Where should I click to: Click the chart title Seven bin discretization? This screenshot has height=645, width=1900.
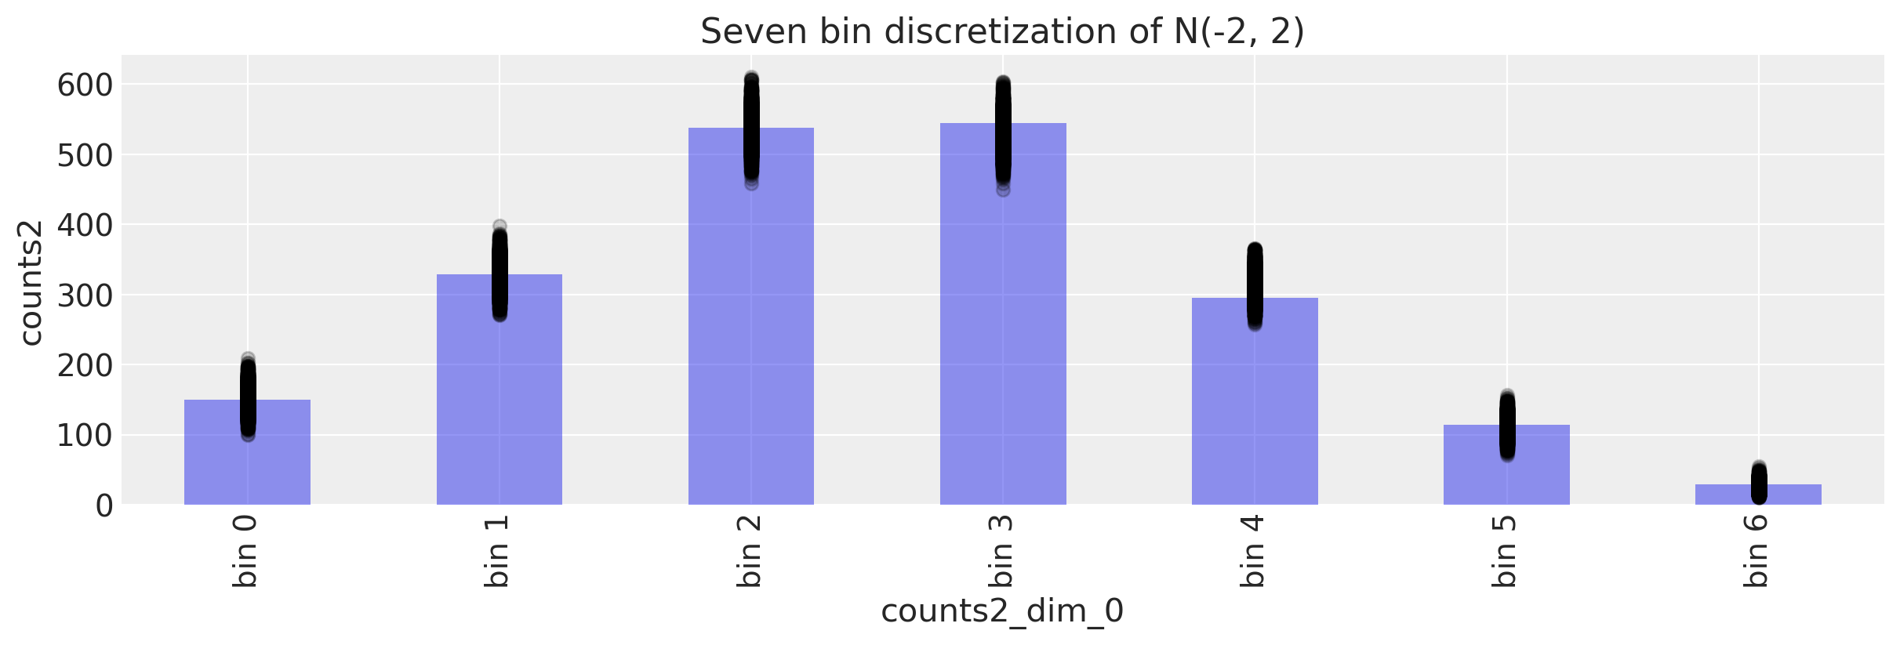(1002, 32)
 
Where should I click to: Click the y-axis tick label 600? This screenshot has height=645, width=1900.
(85, 85)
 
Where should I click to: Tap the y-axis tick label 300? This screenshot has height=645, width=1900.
(85, 295)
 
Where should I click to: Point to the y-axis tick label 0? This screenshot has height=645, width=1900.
(104, 506)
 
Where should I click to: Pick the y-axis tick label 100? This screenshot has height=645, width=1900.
(85, 436)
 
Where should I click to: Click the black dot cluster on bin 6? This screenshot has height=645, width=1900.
(1759, 484)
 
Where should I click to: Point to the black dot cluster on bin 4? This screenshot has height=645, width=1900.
(1255, 284)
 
